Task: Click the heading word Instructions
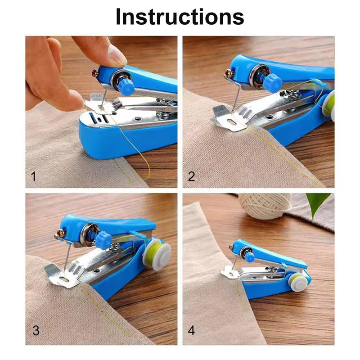point(180,17)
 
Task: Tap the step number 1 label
point(33,176)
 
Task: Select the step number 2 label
point(191,176)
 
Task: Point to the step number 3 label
point(36,331)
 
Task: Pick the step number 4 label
point(191,331)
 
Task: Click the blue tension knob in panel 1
point(127,85)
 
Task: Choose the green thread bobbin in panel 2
point(329,105)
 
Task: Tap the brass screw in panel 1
point(95,72)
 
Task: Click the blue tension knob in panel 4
point(249,256)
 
